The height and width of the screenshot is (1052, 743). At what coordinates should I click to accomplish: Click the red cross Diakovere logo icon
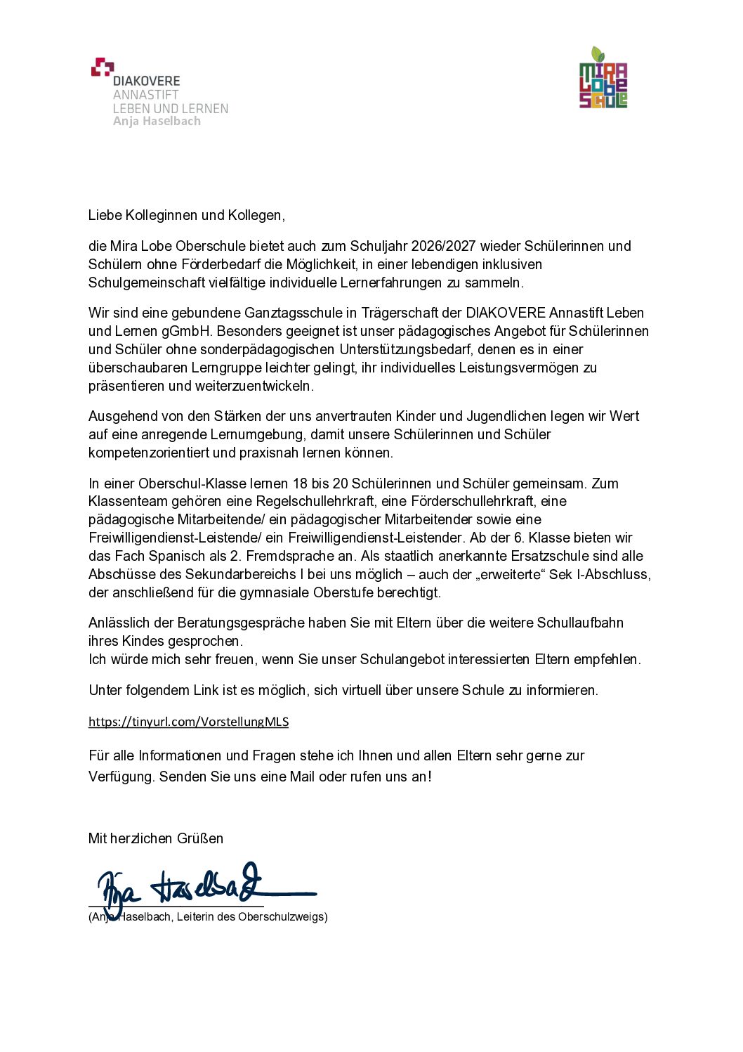(x=102, y=67)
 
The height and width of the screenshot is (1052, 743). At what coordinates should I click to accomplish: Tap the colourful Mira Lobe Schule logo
(x=603, y=79)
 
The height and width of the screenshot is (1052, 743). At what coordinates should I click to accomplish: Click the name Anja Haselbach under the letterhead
(x=157, y=122)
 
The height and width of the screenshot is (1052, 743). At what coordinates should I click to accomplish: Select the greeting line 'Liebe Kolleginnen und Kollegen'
(x=186, y=216)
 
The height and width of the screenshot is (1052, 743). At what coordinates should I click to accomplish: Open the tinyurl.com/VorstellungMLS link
(x=188, y=722)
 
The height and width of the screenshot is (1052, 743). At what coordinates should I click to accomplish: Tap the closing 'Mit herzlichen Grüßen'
(x=156, y=838)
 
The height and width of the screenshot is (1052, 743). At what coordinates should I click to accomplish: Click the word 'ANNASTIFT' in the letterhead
(x=146, y=95)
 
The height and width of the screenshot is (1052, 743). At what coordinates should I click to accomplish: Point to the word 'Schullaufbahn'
(x=580, y=623)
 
